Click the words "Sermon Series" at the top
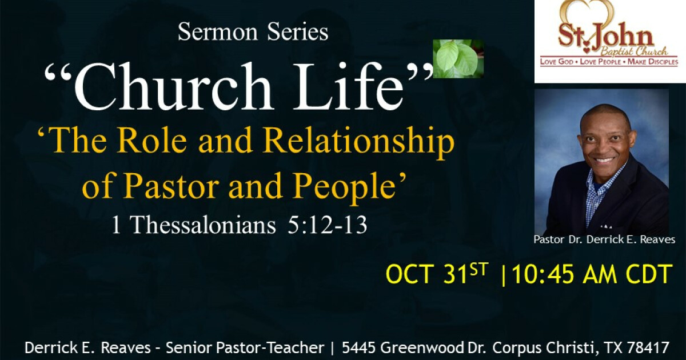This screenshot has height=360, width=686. (x=253, y=33)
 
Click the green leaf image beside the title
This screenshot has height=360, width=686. (x=458, y=58)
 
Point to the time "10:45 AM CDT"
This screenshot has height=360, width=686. (x=590, y=275)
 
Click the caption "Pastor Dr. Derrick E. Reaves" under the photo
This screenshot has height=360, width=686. (x=604, y=240)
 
